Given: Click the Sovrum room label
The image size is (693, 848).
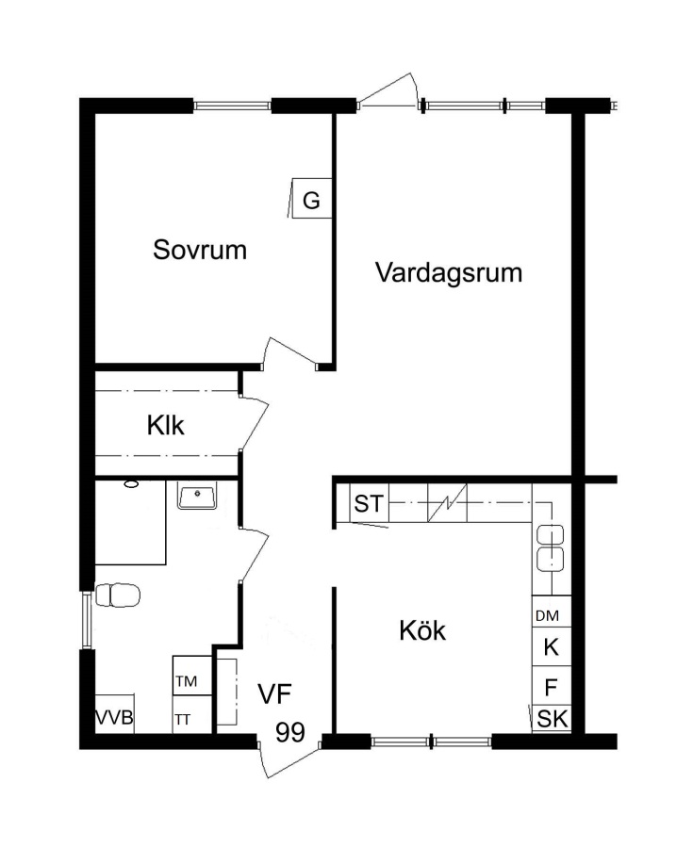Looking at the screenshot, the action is coord(200,250).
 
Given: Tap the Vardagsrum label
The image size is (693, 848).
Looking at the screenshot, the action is coord(449,273).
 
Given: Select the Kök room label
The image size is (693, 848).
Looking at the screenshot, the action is coord(422,630).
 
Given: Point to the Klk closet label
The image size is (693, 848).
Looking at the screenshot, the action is coord(166,426).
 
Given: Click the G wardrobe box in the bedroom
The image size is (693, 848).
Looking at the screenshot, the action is coord(311,199).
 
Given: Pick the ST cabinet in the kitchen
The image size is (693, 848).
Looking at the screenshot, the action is coord(369,503).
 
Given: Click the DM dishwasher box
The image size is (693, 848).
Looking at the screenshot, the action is coord(552,612).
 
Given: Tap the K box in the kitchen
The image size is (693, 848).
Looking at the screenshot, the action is coord(552,646).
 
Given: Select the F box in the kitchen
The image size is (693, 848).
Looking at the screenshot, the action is coord(552,686).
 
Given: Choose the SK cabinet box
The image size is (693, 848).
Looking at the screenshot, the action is coord(552,719).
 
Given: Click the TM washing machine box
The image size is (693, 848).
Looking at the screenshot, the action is coord(192,676).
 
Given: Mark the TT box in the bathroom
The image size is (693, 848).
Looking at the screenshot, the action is coord(192,714).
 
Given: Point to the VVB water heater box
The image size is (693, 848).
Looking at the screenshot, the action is coord(115,714).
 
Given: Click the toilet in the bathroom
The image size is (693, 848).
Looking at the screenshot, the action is coord(118,595).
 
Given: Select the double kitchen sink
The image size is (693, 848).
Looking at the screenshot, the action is coord(551,547).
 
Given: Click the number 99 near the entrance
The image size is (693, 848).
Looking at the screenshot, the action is coord(290,732).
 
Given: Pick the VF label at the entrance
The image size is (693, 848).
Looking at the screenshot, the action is coord(274,694).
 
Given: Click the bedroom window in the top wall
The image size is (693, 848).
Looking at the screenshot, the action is coord(232,106).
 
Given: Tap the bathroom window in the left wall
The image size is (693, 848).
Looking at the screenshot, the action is coord(87,620).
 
